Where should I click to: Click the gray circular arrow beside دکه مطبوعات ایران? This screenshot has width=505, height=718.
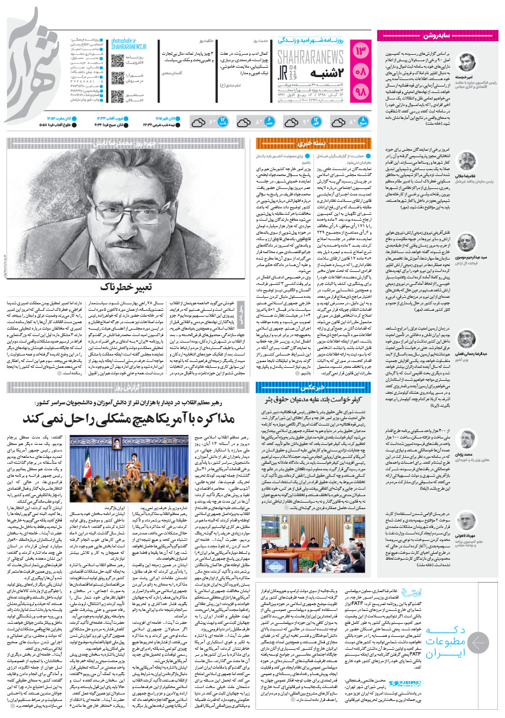[481, 644]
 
